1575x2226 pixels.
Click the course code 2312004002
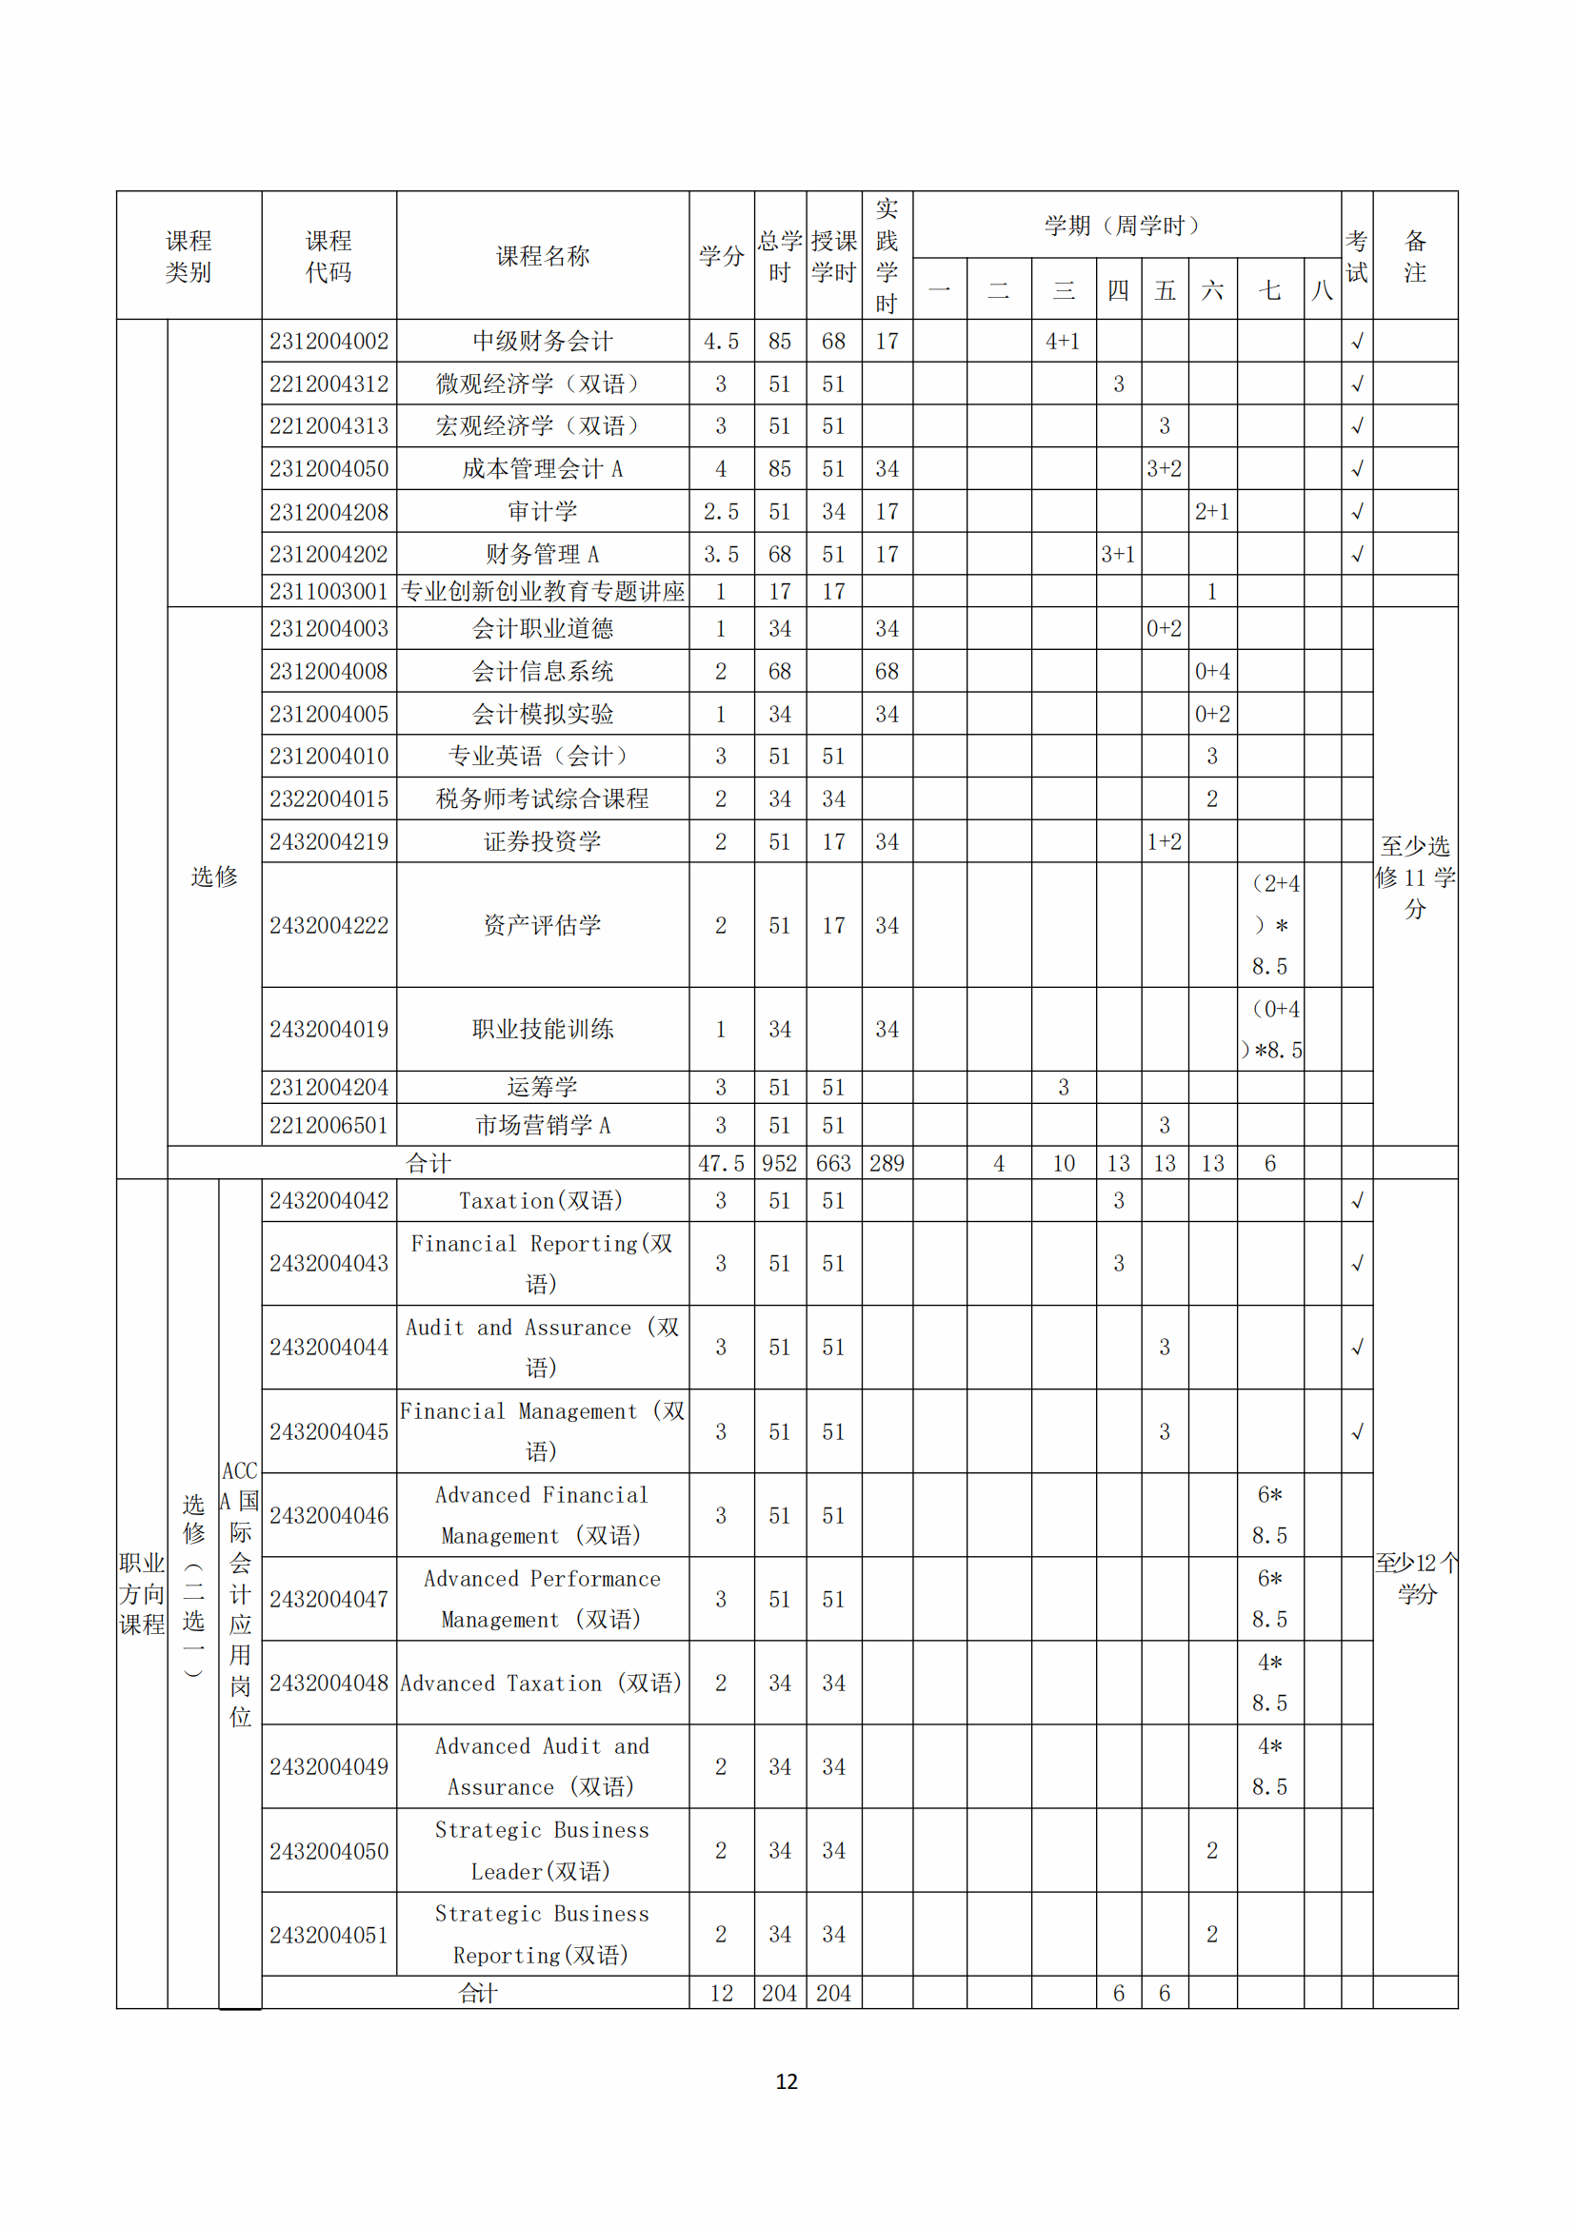[329, 342]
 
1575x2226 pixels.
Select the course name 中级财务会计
[542, 342]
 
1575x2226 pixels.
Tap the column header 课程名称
[542, 256]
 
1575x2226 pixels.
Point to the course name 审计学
[542, 511]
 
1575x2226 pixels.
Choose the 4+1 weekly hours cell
[1063, 342]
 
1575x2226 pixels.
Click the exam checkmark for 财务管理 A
[1357, 554]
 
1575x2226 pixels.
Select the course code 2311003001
[329, 591]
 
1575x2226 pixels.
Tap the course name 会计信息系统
[542, 671]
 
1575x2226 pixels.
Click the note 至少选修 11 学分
[1415, 877]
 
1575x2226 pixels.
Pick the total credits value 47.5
[721, 1163]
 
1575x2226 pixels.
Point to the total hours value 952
[780, 1163]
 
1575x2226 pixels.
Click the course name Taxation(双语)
[541, 1201]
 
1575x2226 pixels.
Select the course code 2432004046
[329, 1515]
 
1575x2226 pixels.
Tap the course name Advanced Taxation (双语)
[541, 1684]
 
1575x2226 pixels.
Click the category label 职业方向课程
[142, 1593]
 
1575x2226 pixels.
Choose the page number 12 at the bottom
[787, 2081]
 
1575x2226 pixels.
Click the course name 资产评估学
[542, 925]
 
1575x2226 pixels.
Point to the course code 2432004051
[329, 1935]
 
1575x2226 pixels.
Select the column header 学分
[721, 256]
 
